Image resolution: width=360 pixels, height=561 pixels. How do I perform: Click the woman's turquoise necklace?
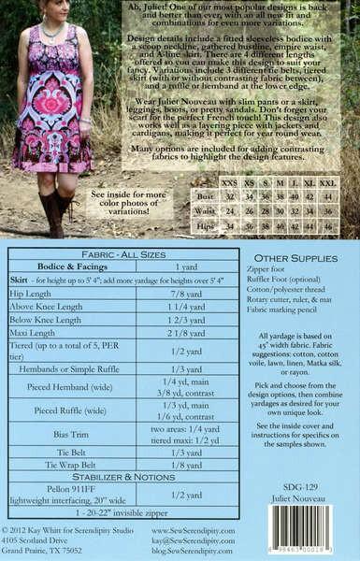(49, 27)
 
